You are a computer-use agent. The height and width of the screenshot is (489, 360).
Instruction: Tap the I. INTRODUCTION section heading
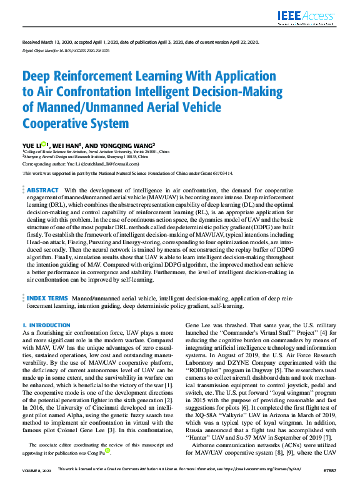46,325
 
